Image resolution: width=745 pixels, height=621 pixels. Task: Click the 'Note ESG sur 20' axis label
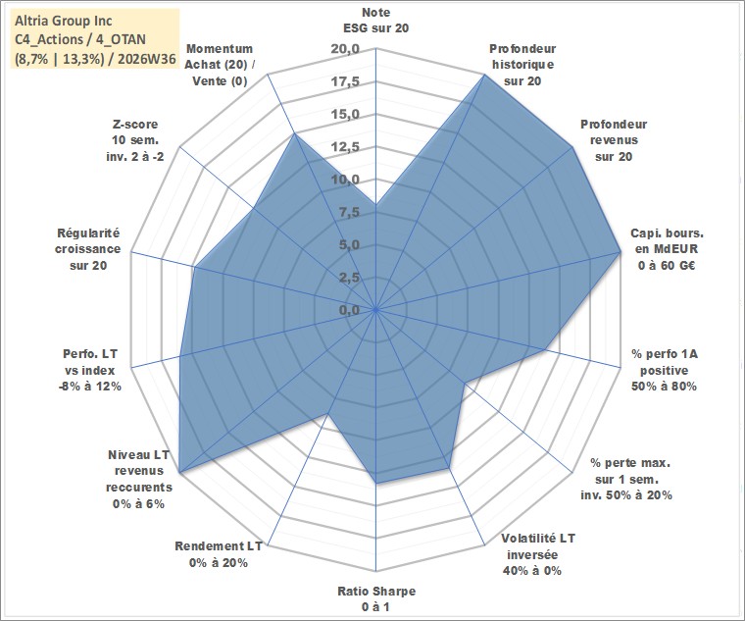(x=375, y=20)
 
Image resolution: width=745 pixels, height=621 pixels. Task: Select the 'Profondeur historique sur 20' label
(x=522, y=65)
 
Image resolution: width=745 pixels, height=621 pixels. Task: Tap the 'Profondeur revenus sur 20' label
(x=614, y=140)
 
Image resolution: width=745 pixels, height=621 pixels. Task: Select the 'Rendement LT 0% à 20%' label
(x=218, y=554)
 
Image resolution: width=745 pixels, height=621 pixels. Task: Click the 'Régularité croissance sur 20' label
(x=88, y=249)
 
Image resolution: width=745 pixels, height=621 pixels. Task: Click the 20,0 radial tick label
(x=344, y=49)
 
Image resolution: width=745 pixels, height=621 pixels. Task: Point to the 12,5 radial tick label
(x=345, y=147)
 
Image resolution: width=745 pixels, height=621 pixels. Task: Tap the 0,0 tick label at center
(x=349, y=310)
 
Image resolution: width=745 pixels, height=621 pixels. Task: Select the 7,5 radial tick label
(x=349, y=213)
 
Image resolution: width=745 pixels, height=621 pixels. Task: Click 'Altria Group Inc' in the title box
(x=64, y=21)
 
